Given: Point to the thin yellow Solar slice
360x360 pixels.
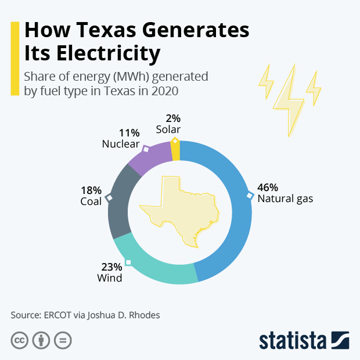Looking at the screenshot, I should tap(176, 150).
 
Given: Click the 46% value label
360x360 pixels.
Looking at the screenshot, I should tap(268, 188).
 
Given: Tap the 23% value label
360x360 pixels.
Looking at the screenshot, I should tap(111, 267).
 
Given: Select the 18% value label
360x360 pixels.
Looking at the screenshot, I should tap(92, 190).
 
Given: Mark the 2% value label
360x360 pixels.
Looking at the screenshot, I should tap(173, 118).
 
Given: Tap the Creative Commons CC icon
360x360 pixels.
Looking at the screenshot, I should tap(20, 340).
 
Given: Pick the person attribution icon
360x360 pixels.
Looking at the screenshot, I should tap(41, 340).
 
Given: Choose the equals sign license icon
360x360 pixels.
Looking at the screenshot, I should tap(63, 340).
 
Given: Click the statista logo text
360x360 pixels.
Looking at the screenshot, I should tap(293, 340).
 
